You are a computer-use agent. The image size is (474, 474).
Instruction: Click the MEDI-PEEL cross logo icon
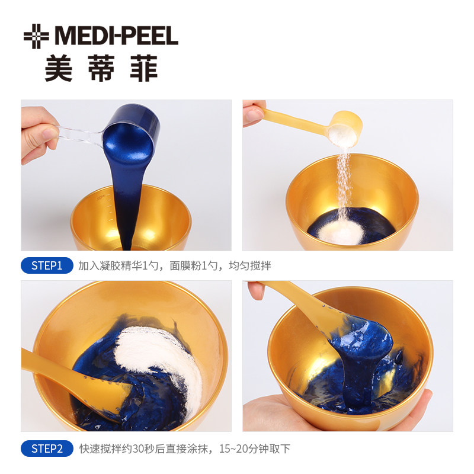pyautogui.click(x=36, y=36)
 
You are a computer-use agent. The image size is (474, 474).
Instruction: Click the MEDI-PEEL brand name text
pyautogui.click(x=116, y=36)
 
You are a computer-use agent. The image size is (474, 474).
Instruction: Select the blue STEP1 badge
pyautogui.click(x=47, y=265)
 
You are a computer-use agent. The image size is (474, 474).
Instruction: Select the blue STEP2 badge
pyautogui.click(x=47, y=449)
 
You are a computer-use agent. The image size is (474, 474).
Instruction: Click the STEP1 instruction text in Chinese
pyautogui.click(x=174, y=265)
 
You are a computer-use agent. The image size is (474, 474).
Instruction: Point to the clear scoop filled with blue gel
pyautogui.click(x=132, y=136)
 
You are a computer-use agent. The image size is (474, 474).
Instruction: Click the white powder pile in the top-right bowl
pyautogui.click(x=340, y=231)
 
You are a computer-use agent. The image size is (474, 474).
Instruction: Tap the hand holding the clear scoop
pyautogui.click(x=39, y=133)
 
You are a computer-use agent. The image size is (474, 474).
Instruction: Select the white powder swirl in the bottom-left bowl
pyautogui.click(x=157, y=355)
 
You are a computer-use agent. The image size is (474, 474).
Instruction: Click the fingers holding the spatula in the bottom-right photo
pyautogui.click(x=256, y=290)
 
